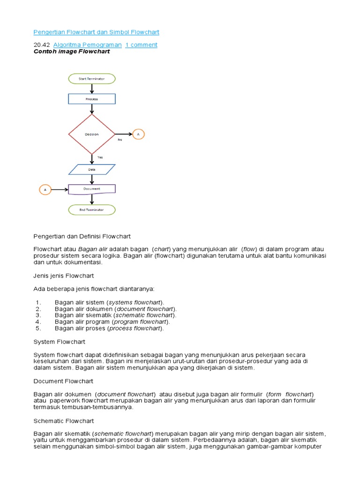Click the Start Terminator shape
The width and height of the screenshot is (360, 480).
(x=92, y=79)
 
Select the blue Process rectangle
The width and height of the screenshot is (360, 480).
(x=92, y=99)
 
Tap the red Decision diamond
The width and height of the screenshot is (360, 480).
(x=92, y=134)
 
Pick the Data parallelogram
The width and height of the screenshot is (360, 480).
(x=92, y=169)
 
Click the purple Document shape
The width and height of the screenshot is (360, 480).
(x=92, y=189)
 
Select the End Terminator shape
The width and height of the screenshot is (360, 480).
(x=92, y=210)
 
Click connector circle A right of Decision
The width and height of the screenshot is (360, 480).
(x=138, y=134)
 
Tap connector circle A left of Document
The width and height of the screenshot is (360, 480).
(x=45, y=190)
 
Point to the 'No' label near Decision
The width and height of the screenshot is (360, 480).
(x=120, y=140)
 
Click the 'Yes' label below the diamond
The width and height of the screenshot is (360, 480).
(x=100, y=157)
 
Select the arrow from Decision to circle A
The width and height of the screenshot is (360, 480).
(x=123, y=134)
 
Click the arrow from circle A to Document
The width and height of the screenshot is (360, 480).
(x=60, y=190)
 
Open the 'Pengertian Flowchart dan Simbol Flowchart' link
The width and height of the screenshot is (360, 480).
(x=97, y=32)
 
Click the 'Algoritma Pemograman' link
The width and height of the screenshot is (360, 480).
(x=87, y=45)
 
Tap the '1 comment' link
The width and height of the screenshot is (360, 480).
(x=141, y=45)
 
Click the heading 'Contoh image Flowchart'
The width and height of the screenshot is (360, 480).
(x=72, y=52)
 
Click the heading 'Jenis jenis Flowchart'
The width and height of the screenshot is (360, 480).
(x=64, y=275)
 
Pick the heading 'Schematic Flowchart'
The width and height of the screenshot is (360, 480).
(x=64, y=421)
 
